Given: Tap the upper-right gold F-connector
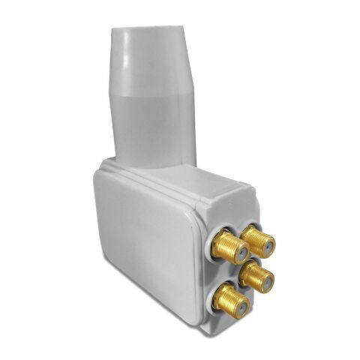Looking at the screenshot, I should [x=259, y=241].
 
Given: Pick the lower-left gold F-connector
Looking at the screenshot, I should [x=226, y=299].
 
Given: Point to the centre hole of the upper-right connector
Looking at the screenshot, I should [x=264, y=244].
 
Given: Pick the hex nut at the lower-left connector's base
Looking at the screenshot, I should [x=217, y=295].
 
